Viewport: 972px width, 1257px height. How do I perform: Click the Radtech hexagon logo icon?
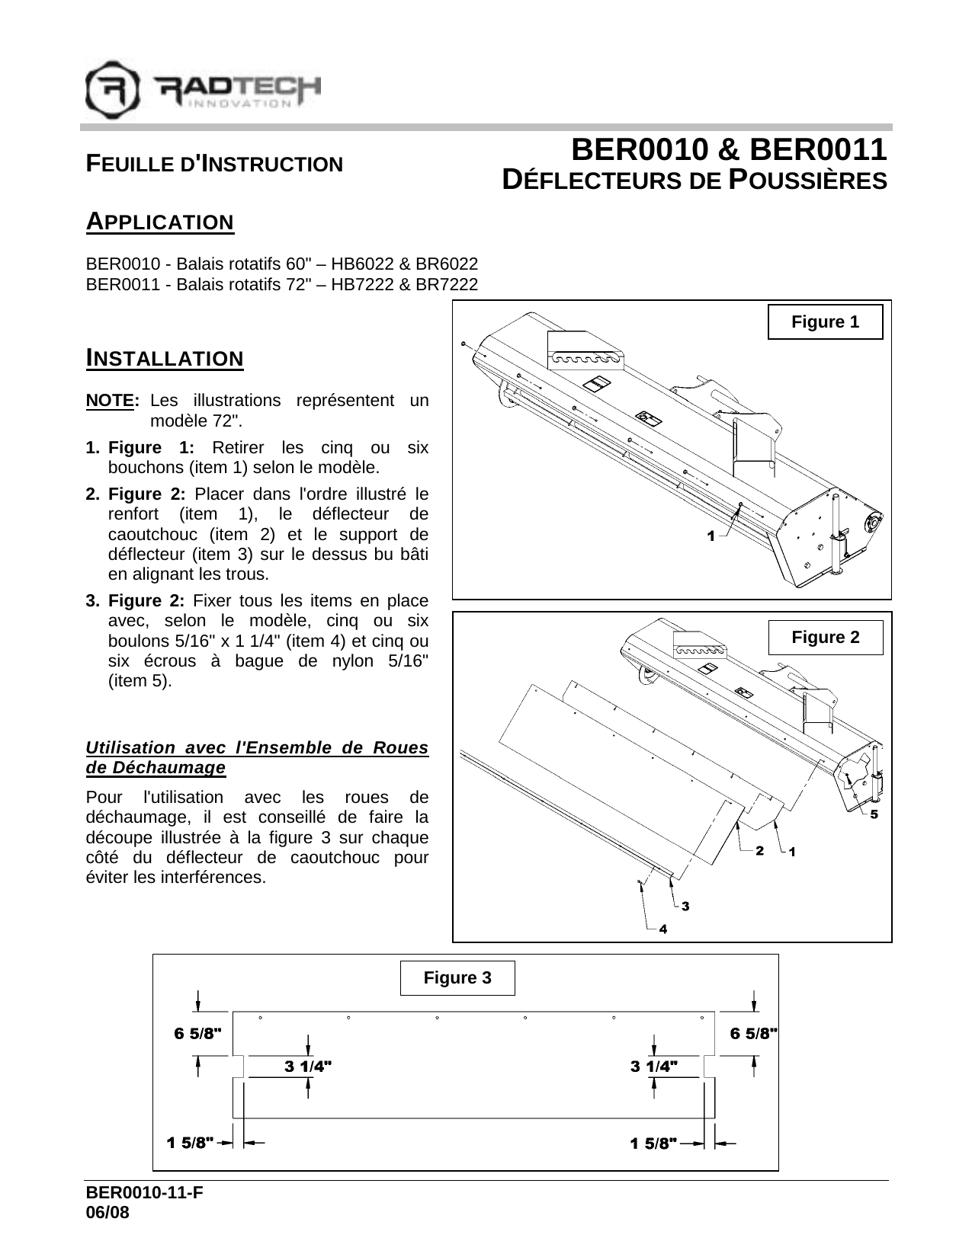[x=112, y=90]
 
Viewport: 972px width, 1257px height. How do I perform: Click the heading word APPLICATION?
[x=160, y=222]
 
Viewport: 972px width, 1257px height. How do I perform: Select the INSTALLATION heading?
[x=165, y=358]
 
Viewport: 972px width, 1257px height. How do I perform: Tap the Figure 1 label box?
[x=825, y=321]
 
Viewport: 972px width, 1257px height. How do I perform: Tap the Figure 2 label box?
[x=825, y=638]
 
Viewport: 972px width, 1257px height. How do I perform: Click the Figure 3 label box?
[x=457, y=977]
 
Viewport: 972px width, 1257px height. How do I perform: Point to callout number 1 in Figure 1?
[x=711, y=536]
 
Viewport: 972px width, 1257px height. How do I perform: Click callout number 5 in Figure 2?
[x=874, y=814]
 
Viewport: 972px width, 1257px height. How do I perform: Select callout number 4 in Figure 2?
[x=662, y=929]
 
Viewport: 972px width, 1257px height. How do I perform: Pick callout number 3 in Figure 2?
[x=685, y=906]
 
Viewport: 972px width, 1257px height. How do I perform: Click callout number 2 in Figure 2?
[x=759, y=851]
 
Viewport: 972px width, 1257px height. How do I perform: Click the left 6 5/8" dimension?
[x=197, y=1034]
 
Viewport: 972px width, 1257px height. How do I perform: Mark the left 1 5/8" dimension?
[x=191, y=1143]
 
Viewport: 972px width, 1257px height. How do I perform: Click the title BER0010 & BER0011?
[x=729, y=150]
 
